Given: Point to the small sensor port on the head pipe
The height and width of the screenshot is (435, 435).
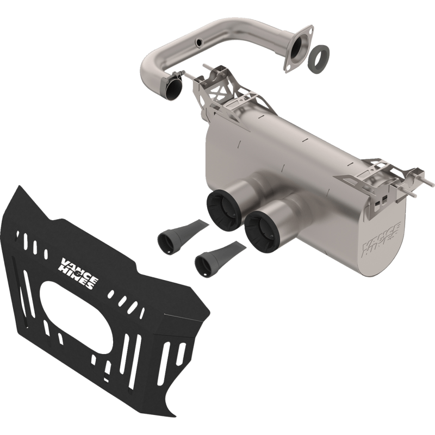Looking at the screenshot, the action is click(198, 42).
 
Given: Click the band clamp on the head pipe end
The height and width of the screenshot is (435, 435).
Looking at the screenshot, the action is click(175, 80).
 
